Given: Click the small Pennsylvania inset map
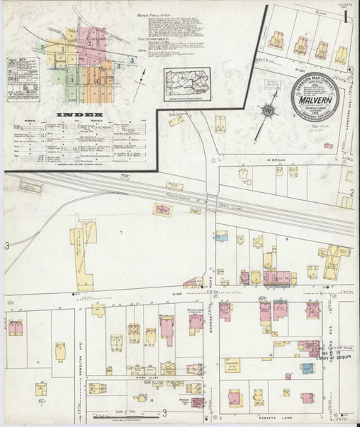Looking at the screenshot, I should pyautogui.click(x=187, y=85).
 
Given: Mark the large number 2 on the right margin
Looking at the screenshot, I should pyautogui.click(x=351, y=193).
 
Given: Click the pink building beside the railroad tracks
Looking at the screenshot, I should pyautogui.click(x=164, y=209).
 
